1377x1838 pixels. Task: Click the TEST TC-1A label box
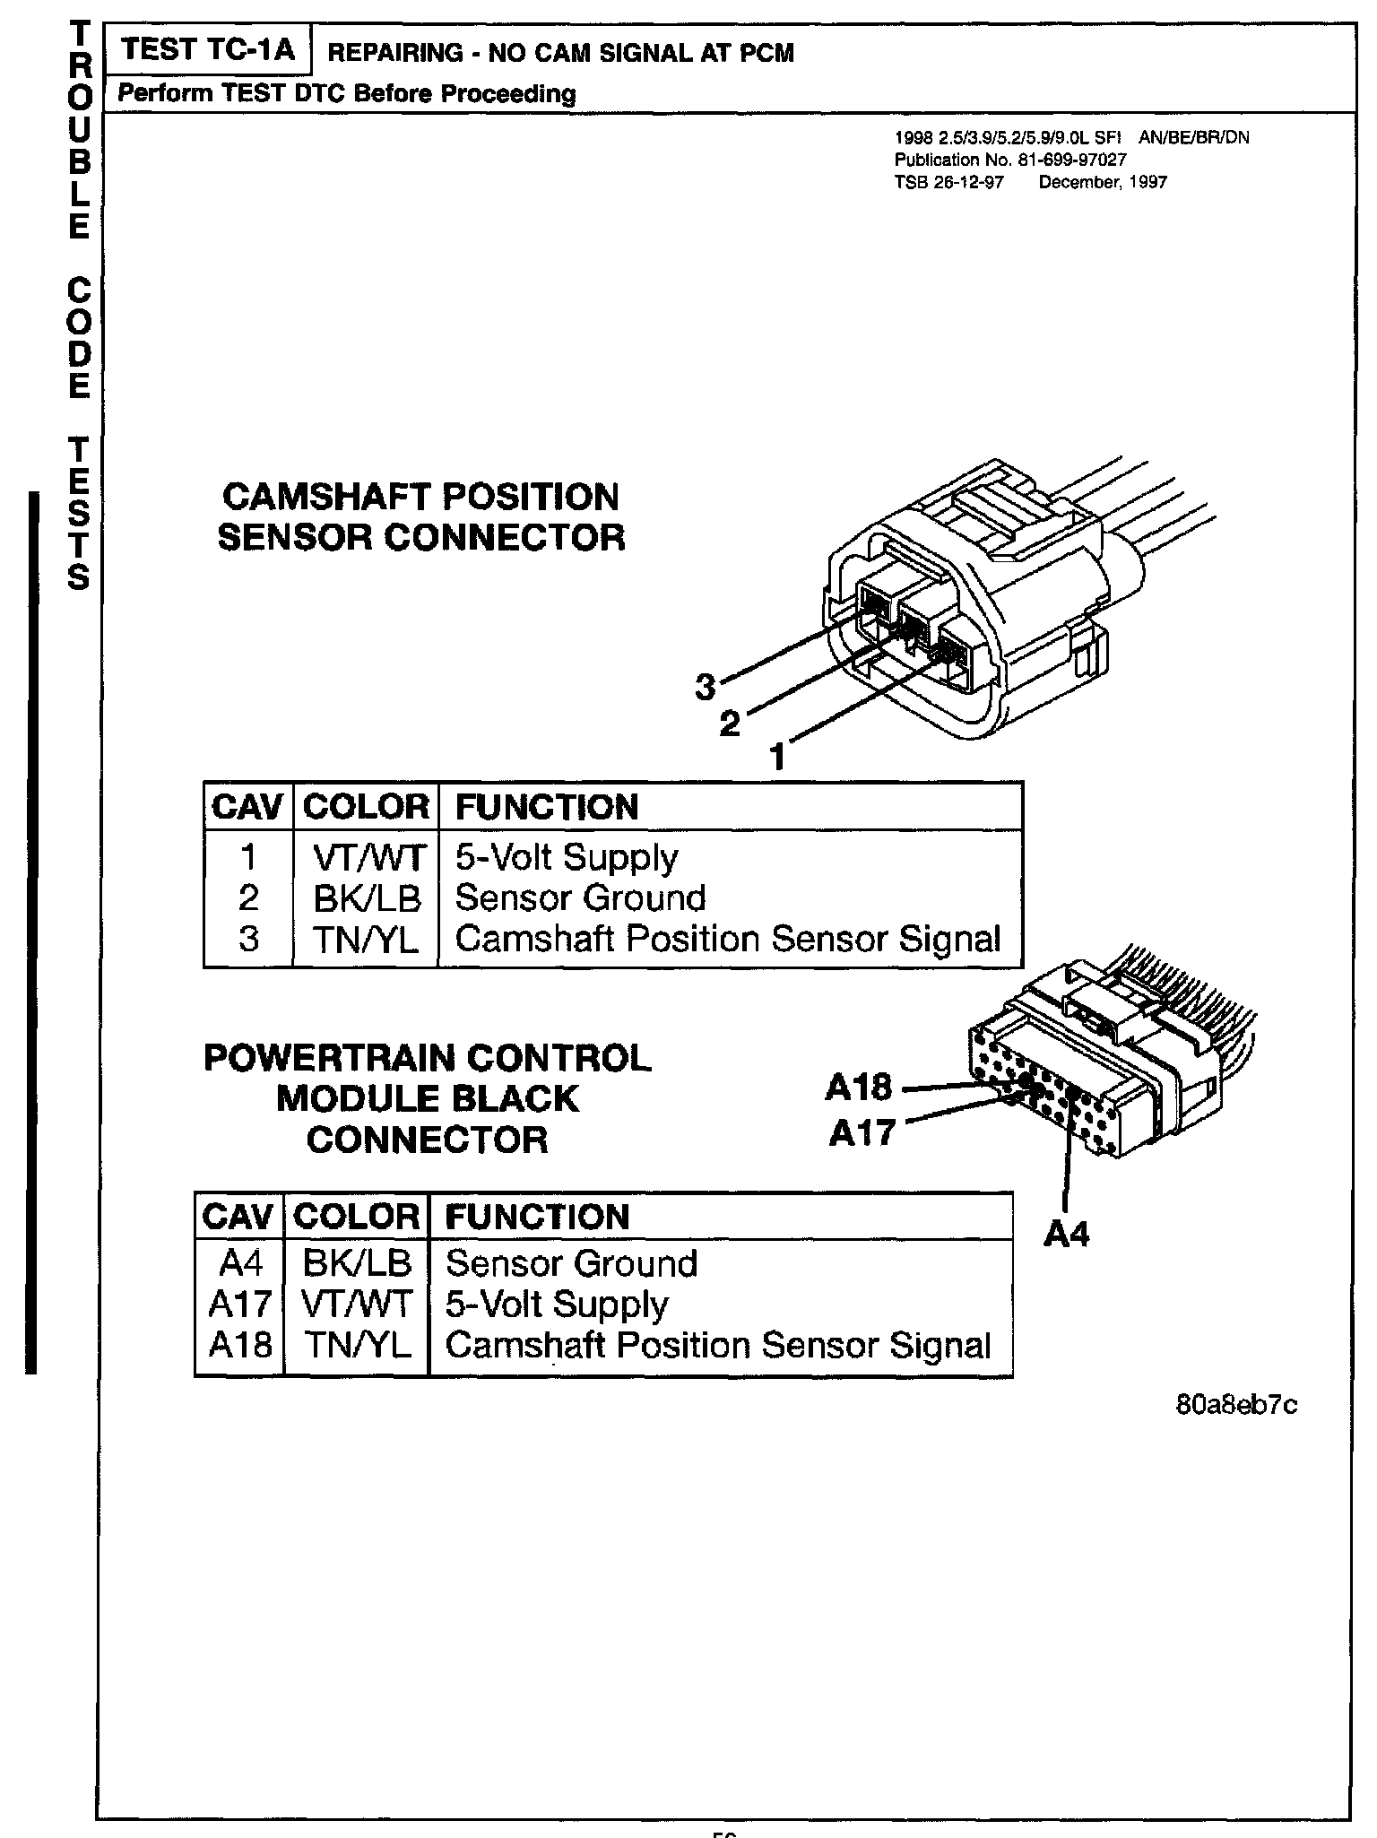click(207, 50)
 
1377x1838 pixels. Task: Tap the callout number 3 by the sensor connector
click(706, 687)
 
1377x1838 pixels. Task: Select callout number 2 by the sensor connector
click(731, 723)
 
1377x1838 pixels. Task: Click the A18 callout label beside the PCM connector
click(858, 1088)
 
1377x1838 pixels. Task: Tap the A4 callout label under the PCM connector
click(1066, 1235)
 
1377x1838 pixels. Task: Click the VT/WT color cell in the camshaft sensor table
click(366, 858)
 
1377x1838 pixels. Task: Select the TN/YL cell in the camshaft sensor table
click(366, 940)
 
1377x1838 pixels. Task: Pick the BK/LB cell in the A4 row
click(357, 1263)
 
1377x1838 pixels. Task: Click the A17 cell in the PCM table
click(239, 1305)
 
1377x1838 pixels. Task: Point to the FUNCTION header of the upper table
click(547, 807)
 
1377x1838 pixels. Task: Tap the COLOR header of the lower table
click(357, 1217)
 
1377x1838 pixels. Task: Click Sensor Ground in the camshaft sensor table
click(580, 898)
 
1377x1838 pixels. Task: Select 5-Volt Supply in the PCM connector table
click(556, 1305)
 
